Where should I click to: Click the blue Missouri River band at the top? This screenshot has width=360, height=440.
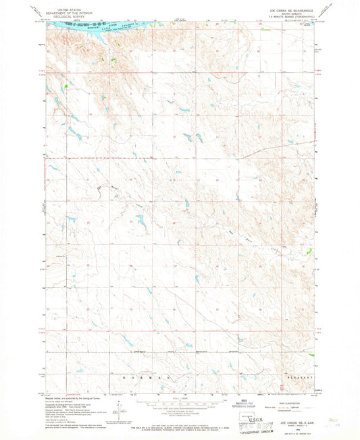[x=101, y=26]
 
